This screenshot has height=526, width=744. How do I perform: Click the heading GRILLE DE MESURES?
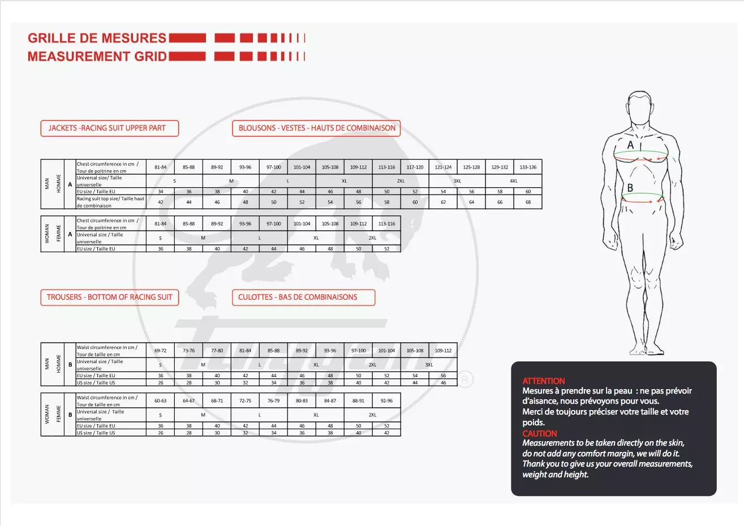[x=97, y=38]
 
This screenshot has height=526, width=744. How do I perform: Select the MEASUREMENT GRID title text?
[x=97, y=57]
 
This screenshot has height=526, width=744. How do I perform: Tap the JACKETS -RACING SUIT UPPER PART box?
[x=109, y=128]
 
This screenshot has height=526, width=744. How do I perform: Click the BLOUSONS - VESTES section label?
[x=316, y=128]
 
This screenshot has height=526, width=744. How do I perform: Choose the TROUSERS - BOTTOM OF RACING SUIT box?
[x=109, y=298]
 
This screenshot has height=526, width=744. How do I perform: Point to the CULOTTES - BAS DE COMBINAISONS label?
[x=303, y=298]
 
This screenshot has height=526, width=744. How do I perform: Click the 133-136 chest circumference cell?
[x=528, y=167]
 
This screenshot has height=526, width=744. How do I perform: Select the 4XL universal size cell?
[x=514, y=181]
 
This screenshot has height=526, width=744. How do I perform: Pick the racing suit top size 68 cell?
[x=528, y=202]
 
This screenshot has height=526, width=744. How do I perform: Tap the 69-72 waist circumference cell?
[x=160, y=351]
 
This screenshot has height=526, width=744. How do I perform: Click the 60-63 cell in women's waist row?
[x=160, y=401]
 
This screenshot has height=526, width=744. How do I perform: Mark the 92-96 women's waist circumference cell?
[x=386, y=401]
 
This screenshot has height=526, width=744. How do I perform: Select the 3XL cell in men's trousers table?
[x=429, y=365]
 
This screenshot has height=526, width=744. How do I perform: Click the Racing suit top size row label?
[x=111, y=202]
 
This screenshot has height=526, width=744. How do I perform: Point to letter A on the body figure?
[x=631, y=145]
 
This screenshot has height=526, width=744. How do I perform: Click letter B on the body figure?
[x=630, y=188]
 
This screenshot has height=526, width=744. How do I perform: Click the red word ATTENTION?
[x=543, y=381]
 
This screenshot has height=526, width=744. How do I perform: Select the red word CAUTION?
[x=539, y=434]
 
